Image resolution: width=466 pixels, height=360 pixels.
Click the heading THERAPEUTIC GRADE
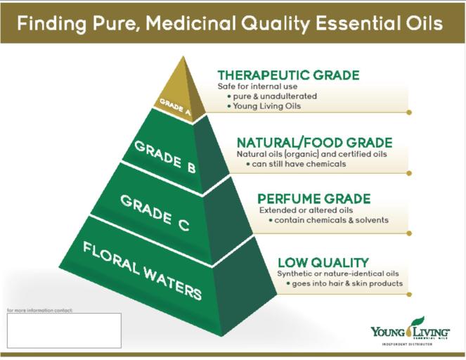tap(288, 75)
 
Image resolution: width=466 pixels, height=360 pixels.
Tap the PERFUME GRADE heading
tap(313, 199)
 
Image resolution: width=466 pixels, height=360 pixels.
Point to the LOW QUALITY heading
tap(323, 262)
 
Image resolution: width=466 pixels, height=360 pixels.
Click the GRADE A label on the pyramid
tap(174, 106)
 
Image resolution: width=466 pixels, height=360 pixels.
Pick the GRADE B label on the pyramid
tap(165, 155)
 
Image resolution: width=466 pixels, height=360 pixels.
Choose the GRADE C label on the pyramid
tap(154, 213)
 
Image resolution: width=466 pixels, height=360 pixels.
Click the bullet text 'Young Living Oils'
tap(264, 106)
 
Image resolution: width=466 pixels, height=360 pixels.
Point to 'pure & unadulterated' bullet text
tap(271, 96)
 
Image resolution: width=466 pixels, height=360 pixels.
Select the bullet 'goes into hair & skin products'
tap(347, 283)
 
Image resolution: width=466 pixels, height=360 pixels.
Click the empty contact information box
tap(64, 330)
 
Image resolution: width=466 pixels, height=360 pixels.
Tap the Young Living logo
tap(410, 330)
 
